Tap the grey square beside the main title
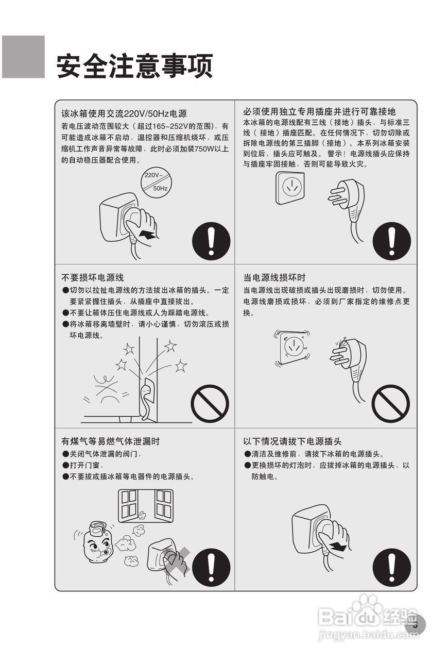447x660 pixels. tap(23, 57)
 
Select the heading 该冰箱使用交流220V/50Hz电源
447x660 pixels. tap(124, 113)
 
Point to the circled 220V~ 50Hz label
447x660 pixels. tap(156, 182)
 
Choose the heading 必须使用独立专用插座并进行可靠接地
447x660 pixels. tap(319, 112)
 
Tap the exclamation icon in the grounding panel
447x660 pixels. tap(391, 241)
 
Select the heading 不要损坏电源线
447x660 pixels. tap(93, 277)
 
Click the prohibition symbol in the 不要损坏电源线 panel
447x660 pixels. tap(210, 404)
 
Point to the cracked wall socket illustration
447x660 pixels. tap(293, 348)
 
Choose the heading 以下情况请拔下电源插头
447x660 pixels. tap(293, 441)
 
